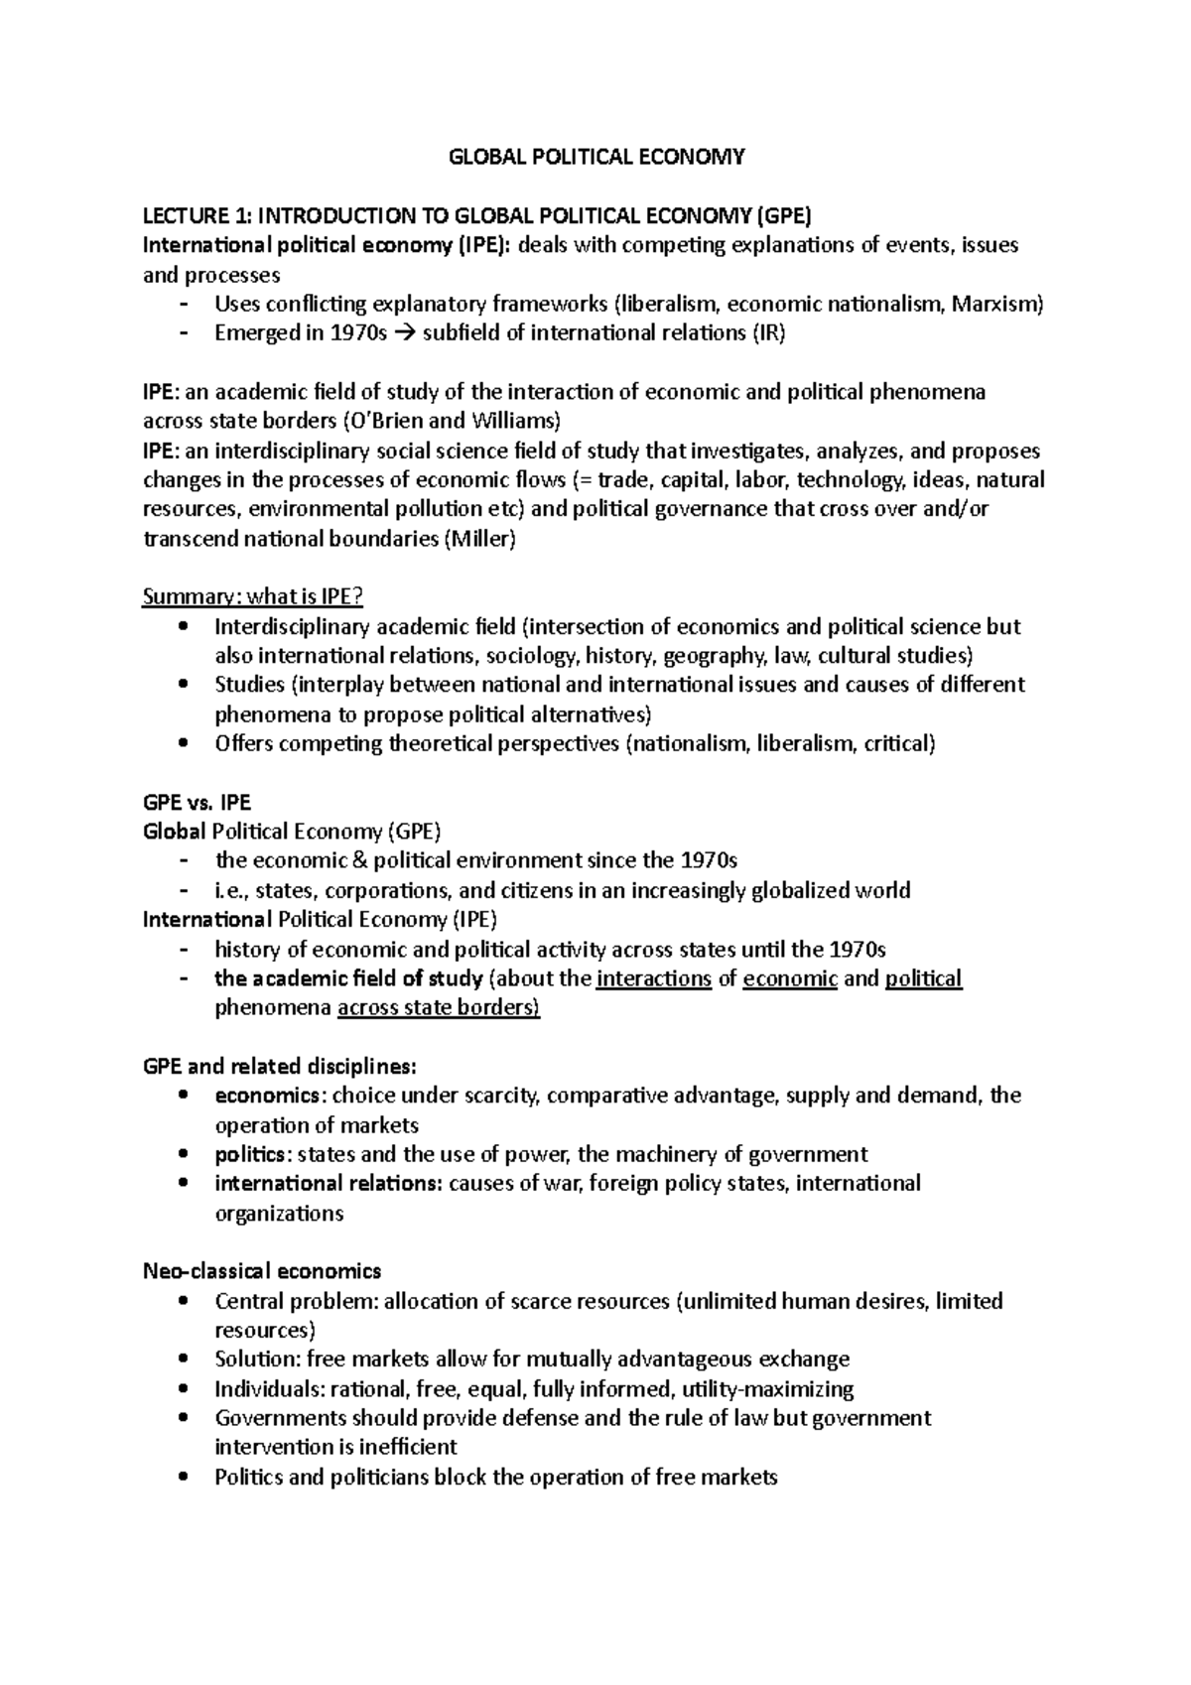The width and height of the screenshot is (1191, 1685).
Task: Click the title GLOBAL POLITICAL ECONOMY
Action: pyautogui.click(x=596, y=157)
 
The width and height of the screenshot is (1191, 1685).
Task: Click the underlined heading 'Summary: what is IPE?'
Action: pyautogui.click(x=253, y=597)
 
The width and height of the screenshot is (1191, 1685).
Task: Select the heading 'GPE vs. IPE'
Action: pyautogui.click(x=197, y=803)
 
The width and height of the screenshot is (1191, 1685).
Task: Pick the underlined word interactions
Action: pyautogui.click(x=654, y=978)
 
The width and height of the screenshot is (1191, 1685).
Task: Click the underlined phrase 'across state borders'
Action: pyautogui.click(x=439, y=1008)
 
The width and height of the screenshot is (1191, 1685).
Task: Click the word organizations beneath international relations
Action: pyautogui.click(x=279, y=1213)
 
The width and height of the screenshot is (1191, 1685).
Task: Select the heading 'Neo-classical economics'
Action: pyautogui.click(x=262, y=1271)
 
